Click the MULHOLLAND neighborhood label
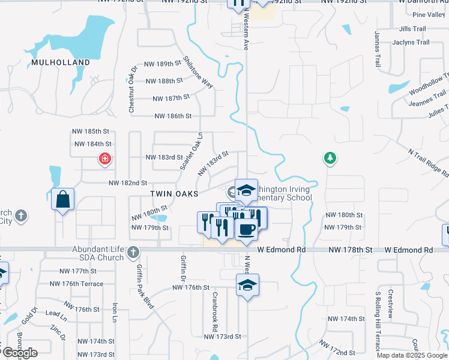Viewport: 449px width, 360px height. click(x=61, y=62)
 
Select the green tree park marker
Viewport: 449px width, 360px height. click(x=330, y=158)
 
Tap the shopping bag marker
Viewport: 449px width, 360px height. click(x=63, y=199)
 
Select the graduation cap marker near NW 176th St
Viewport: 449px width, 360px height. click(x=247, y=285)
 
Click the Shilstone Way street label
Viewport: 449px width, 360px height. click(x=199, y=73)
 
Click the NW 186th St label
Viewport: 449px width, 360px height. click(x=173, y=116)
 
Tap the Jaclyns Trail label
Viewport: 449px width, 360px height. click(x=411, y=43)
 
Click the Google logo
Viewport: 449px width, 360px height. click(x=19, y=353)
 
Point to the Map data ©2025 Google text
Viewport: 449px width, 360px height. click(x=412, y=355)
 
